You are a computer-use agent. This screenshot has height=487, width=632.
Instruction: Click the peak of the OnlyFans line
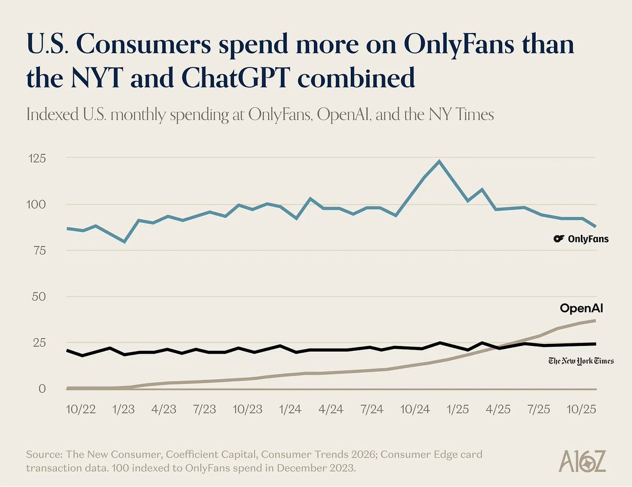(439, 161)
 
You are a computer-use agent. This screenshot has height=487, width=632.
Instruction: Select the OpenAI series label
(581, 309)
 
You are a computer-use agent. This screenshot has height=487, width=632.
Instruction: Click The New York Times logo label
(581, 361)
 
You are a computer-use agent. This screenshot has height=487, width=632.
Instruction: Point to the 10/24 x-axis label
(414, 410)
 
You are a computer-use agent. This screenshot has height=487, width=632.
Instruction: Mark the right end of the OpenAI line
(595, 320)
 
